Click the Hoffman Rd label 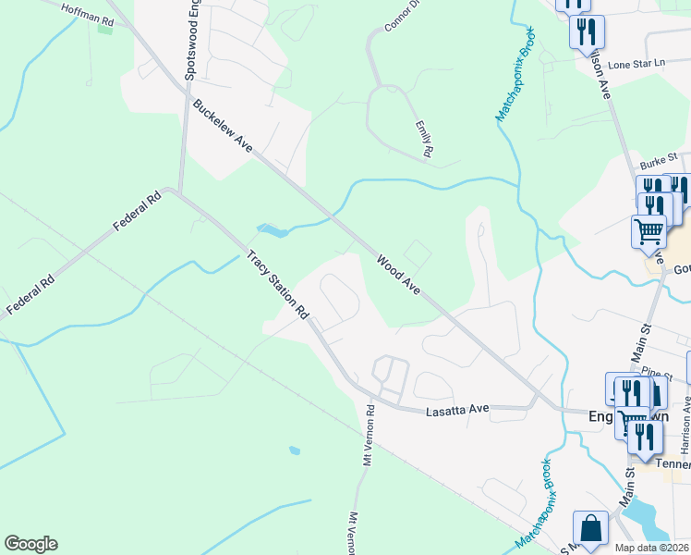tap(88, 13)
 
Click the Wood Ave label tap(398, 275)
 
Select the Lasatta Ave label tap(455, 409)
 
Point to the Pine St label tap(658, 373)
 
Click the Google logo tap(30, 543)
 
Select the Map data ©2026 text tap(651, 548)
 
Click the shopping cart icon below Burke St tap(649, 231)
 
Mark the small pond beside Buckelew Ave tap(268, 228)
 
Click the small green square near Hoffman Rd tap(104, 29)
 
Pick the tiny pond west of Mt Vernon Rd tap(294, 450)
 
